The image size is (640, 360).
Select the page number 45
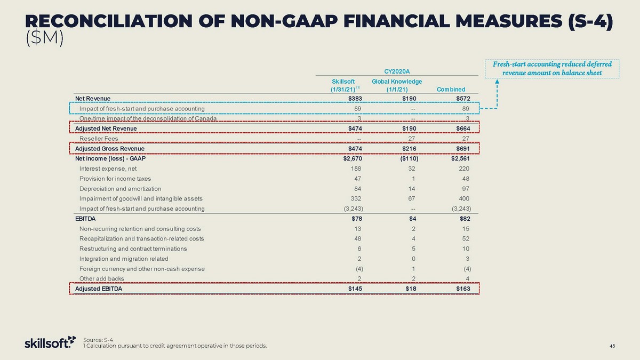point(612,346)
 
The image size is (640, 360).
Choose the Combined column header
point(451,89)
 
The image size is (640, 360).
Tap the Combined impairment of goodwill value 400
point(463,198)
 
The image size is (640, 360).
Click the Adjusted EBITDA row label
point(99,289)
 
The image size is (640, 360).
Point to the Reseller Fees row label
point(99,139)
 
